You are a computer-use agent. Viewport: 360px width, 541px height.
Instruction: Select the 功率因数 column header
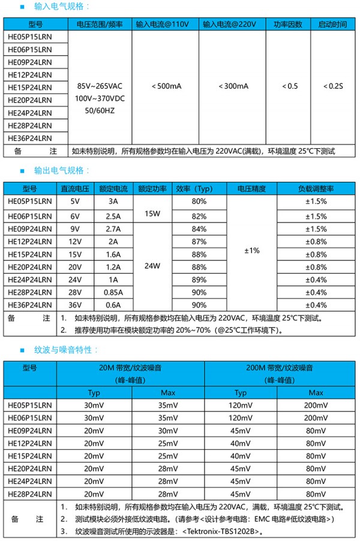(x=287, y=25)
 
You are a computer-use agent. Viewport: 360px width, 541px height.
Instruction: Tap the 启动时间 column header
(x=332, y=25)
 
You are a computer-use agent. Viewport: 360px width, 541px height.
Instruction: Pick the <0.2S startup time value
(x=332, y=86)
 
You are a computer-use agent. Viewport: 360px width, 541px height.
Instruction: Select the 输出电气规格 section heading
(x=62, y=171)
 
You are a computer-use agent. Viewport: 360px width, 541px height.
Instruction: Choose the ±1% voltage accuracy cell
(x=251, y=250)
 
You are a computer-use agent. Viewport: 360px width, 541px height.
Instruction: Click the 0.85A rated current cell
(x=112, y=292)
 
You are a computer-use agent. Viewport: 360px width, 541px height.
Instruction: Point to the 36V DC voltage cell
(x=74, y=305)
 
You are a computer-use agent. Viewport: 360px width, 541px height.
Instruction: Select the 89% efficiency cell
(x=199, y=279)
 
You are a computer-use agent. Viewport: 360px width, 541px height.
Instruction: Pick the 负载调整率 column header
(x=316, y=188)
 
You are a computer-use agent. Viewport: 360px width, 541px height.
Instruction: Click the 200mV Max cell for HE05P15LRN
(x=316, y=405)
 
